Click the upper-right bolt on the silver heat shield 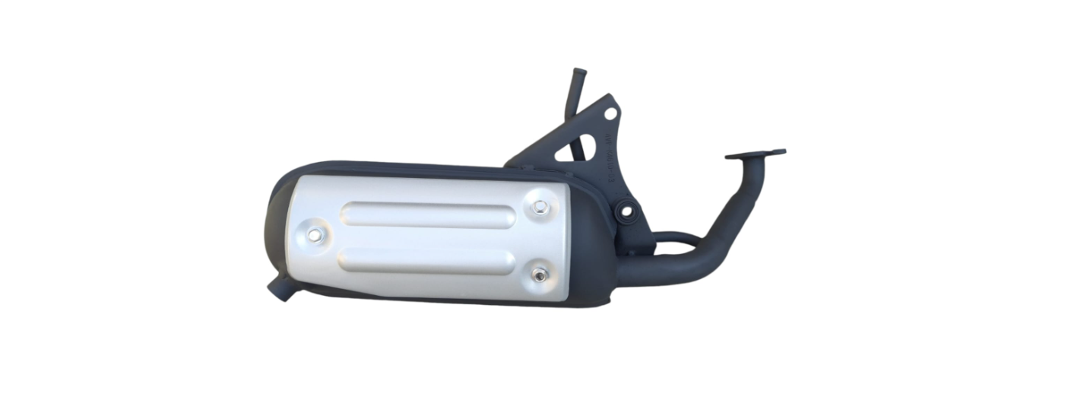point(539,207)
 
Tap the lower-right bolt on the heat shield point(539,275)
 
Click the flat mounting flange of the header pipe point(755,154)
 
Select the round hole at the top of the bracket point(610,113)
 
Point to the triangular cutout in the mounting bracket point(566,151)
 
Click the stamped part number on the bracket point(609,164)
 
